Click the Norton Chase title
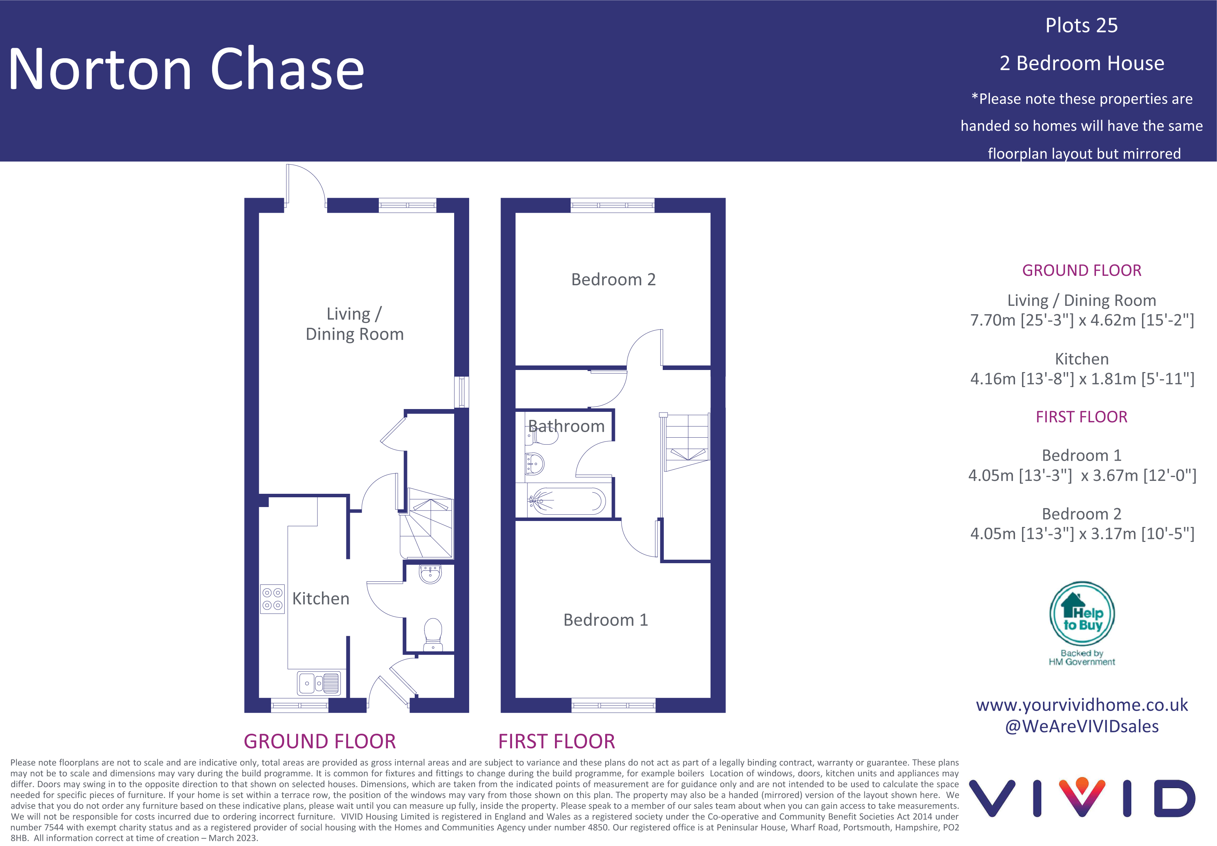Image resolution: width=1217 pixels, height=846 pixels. point(187,69)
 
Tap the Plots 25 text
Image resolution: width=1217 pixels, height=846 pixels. point(1081,25)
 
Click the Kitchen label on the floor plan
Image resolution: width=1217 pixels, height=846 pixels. point(321,598)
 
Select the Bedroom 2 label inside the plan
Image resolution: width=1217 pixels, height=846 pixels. point(613,279)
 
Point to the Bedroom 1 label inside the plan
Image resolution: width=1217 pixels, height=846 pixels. point(605,620)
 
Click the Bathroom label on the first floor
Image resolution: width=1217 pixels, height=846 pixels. point(566,426)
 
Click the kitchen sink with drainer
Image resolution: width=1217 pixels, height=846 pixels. point(318,683)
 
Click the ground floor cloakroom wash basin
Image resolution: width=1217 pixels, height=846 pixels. point(430,574)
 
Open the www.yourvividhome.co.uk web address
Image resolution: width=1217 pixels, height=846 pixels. point(1082,705)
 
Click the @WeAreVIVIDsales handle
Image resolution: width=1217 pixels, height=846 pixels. point(1082,726)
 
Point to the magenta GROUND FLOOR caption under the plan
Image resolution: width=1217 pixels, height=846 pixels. point(320,741)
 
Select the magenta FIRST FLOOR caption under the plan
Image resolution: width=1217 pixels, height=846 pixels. point(557,741)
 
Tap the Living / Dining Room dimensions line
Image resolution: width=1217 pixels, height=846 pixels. point(1082,320)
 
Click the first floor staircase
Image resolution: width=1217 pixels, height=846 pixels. point(687,442)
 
